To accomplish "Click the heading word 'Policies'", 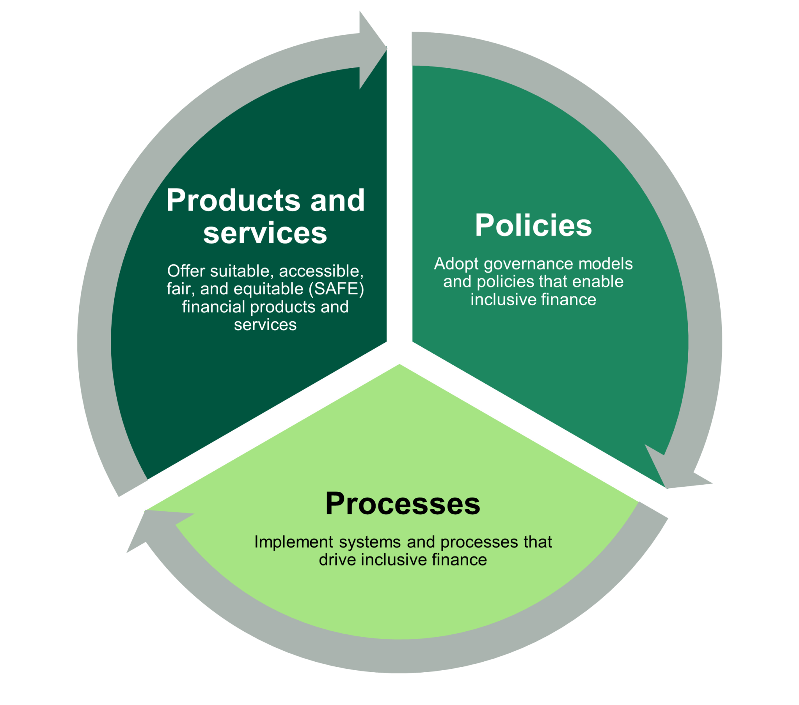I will coord(533,225).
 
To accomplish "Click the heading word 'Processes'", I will coord(403,504).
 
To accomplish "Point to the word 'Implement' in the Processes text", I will coord(294,542).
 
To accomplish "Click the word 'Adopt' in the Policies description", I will coord(456,264).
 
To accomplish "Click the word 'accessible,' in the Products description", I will coord(321,271).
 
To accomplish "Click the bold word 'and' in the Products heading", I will coord(337,200).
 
